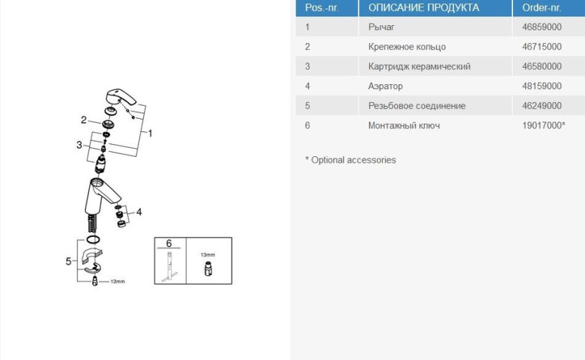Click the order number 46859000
(x=541, y=27)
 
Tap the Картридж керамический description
(x=420, y=66)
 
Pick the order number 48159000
(x=541, y=86)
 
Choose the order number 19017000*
(x=543, y=125)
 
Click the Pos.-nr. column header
(x=322, y=8)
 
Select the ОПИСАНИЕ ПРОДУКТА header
(x=423, y=8)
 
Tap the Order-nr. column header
(x=541, y=8)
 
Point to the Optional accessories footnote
(x=350, y=160)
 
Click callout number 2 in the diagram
(x=83, y=120)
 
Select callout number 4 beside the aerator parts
(x=139, y=212)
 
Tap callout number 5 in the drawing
(x=68, y=261)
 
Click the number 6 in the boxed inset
(x=168, y=243)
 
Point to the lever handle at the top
(x=122, y=98)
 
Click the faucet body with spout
(x=101, y=197)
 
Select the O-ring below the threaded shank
(x=93, y=239)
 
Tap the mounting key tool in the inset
(x=169, y=266)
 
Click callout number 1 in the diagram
(x=150, y=133)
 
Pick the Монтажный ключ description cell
(x=404, y=125)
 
